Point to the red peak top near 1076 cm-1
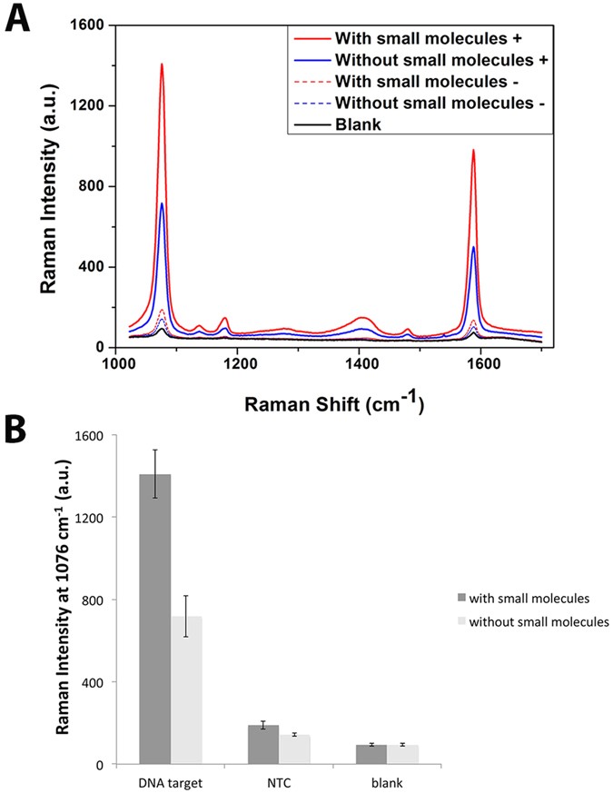(162, 64)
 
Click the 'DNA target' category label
(170, 780)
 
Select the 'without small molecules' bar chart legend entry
(531, 622)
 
